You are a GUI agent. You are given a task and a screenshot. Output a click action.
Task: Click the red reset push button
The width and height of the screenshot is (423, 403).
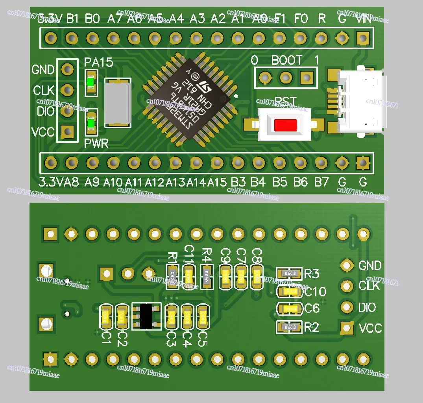[286, 125]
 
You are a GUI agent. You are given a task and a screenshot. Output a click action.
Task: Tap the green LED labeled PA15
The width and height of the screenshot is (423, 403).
[91, 82]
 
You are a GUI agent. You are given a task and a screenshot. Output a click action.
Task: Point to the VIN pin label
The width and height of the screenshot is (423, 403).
[364, 18]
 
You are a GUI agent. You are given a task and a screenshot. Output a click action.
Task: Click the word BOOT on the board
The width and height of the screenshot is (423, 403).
[287, 60]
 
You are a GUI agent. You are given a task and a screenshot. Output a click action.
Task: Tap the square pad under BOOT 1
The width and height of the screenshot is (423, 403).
[307, 78]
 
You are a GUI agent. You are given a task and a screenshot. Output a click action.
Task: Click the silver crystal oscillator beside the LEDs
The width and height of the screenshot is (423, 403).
[117, 102]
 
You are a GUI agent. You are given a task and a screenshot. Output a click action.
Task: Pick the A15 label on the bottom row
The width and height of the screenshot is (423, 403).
[217, 182]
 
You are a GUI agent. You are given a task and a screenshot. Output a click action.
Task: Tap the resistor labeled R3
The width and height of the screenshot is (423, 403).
[289, 273]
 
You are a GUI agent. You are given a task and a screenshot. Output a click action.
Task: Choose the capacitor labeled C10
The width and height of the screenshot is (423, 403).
[289, 291]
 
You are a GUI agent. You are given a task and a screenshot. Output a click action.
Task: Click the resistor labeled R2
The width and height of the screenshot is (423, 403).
[289, 327]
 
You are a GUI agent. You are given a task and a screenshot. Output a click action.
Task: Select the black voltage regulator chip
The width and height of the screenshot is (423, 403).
[146, 316]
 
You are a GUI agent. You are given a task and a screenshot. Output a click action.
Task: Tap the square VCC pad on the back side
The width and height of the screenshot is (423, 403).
[347, 328]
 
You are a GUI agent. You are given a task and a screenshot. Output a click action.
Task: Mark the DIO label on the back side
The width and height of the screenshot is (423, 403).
[367, 307]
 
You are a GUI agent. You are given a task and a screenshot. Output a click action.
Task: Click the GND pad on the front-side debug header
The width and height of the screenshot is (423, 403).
[68, 69]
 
